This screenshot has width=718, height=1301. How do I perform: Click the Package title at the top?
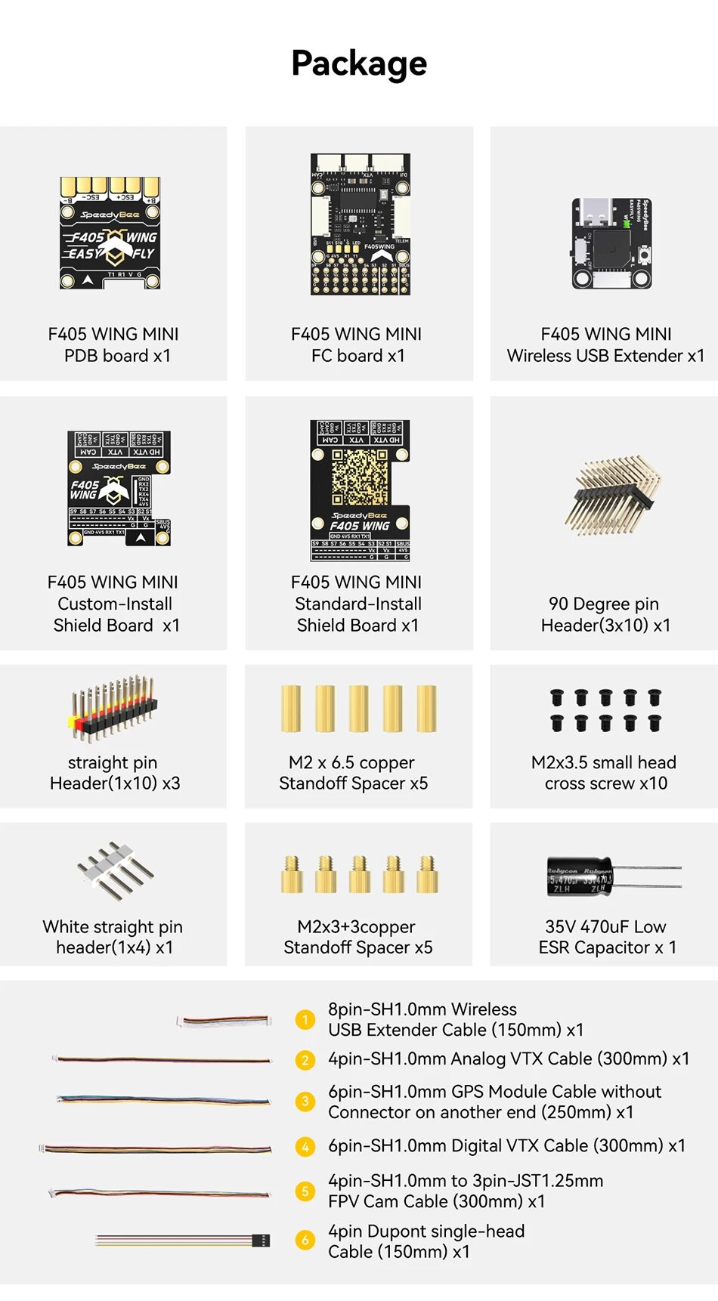pyautogui.click(x=359, y=63)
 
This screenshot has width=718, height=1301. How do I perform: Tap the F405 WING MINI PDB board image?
pyautogui.click(x=110, y=233)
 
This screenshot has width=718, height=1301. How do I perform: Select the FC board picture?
pyautogui.click(x=361, y=224)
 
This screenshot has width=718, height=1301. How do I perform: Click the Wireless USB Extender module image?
pyautogui.click(x=611, y=243)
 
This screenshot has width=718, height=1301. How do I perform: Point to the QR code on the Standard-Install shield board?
pyautogui.click(x=360, y=477)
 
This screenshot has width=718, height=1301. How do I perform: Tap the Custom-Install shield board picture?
pyautogui.click(x=119, y=488)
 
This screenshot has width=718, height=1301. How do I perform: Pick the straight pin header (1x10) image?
pyautogui.click(x=114, y=706)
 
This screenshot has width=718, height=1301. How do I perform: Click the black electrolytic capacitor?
pyautogui.click(x=580, y=876)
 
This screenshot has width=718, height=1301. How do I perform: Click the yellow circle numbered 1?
pyautogui.click(x=305, y=1020)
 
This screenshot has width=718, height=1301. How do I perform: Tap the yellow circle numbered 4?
pyautogui.click(x=305, y=1147)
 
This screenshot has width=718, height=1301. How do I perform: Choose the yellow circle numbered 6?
pyautogui.click(x=305, y=1241)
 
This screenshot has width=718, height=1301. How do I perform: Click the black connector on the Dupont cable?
pyautogui.click(x=261, y=1241)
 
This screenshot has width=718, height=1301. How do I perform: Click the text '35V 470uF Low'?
pyautogui.click(x=605, y=926)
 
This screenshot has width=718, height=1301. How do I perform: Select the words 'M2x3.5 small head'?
pyautogui.click(x=603, y=762)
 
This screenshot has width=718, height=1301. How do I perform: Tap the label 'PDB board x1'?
pyautogui.click(x=117, y=356)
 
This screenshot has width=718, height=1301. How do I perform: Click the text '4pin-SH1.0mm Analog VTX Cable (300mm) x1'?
pyautogui.click(x=508, y=1058)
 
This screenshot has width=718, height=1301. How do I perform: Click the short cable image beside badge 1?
pyautogui.click(x=224, y=1021)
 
